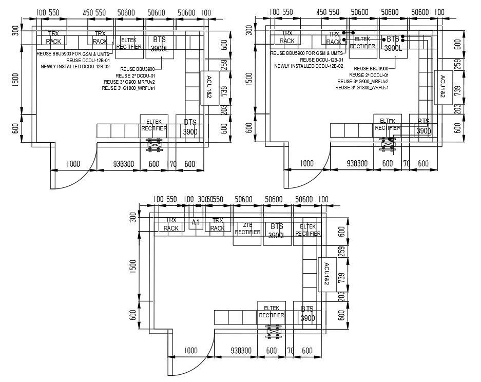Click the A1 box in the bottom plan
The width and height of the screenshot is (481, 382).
(195, 223)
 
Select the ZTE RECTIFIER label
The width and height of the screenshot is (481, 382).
(247, 229)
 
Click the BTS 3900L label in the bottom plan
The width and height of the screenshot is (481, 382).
(277, 231)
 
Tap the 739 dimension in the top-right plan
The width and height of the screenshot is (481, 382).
(457, 90)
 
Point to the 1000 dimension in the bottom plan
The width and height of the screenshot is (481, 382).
(190, 351)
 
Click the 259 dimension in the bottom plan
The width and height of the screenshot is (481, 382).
(340, 252)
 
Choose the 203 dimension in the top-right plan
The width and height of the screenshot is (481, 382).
(457, 109)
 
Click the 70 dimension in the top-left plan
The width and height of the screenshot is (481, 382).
(172, 164)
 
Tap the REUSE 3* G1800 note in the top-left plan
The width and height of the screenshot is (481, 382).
(128, 88)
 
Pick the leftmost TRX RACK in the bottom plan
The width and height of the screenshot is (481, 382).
(171, 224)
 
